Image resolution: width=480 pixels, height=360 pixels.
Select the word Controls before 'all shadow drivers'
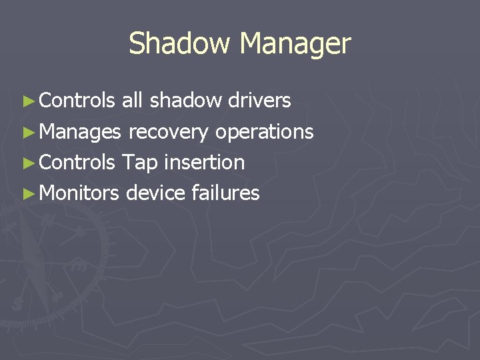77,101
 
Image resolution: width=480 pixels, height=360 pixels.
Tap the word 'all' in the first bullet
132,101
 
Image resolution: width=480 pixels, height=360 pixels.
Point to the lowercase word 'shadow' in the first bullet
186,101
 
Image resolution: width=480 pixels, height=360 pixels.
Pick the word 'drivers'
259,101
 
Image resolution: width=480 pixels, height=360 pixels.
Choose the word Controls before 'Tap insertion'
77,162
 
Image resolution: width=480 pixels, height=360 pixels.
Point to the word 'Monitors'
79,193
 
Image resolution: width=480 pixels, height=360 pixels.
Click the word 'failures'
225,193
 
